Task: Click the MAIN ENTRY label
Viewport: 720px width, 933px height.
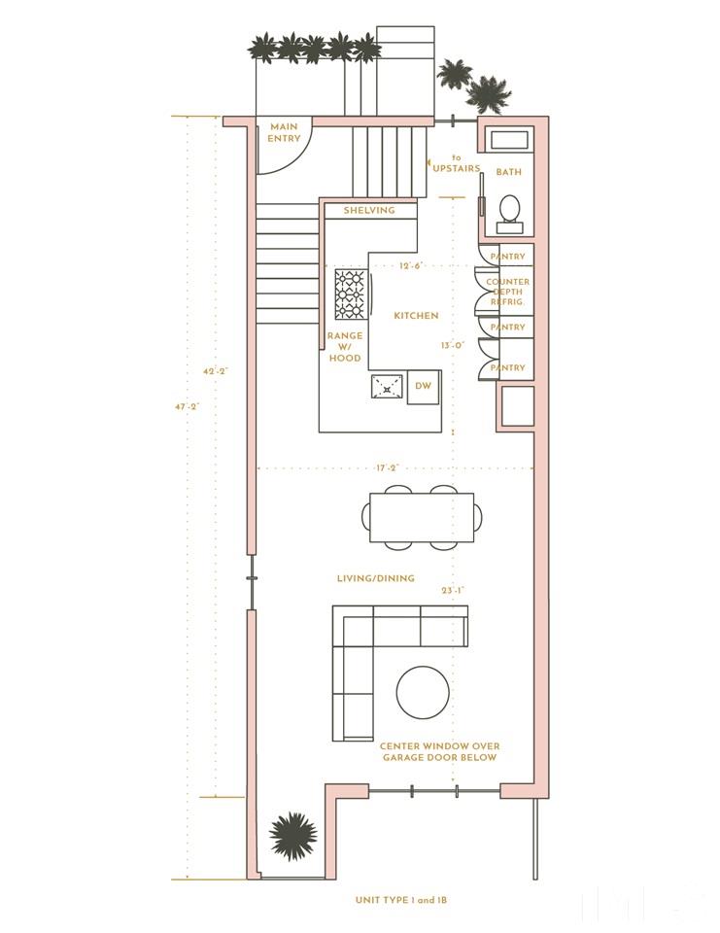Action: coord(284,132)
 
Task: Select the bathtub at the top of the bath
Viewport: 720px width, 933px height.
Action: coord(509,140)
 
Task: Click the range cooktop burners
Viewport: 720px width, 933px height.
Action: coord(350,294)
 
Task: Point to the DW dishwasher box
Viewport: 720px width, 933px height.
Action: coord(423,386)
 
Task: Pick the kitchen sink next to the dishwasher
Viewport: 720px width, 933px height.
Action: coord(388,387)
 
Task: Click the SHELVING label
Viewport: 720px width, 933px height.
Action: coord(369,210)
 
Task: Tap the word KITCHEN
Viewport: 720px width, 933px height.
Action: coord(416,315)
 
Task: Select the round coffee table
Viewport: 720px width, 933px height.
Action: coord(423,692)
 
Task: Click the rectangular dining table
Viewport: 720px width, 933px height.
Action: coord(422,517)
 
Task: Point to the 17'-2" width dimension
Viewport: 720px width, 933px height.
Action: coord(387,468)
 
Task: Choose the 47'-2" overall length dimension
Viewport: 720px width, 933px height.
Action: coord(187,407)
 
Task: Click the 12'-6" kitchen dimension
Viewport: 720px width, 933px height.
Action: coord(410,265)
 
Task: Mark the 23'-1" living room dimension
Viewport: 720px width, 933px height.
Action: coord(453,590)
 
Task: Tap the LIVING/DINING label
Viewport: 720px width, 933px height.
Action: coord(375,577)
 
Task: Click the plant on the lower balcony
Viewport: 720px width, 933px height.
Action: coord(292,834)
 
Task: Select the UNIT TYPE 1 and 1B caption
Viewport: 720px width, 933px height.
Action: coord(401,900)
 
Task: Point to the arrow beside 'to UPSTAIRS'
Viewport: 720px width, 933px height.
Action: coord(429,161)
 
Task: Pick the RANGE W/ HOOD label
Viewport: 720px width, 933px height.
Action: coord(345,347)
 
